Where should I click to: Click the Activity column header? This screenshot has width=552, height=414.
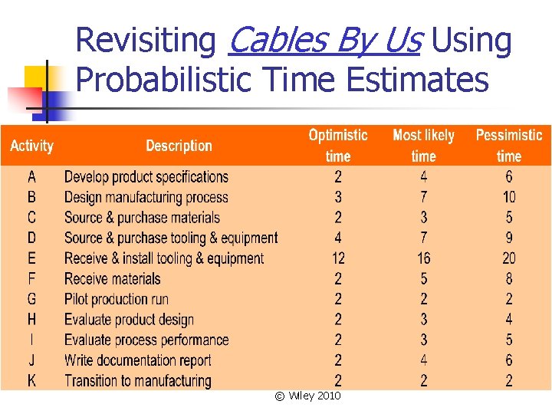(31, 146)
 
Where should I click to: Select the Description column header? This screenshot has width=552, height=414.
(179, 146)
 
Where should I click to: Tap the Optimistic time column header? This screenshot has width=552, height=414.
(338, 146)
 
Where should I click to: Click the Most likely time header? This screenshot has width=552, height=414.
(423, 146)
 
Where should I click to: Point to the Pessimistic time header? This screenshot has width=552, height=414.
(508, 146)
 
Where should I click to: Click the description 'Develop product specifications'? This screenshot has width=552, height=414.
(146, 177)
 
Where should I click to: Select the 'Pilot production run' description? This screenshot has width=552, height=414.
(117, 299)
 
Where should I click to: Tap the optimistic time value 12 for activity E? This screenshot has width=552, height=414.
(338, 258)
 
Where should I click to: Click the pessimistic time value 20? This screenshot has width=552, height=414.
(509, 258)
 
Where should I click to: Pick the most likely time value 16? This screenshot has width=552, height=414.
(424, 258)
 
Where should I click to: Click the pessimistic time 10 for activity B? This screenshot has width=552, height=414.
(509, 197)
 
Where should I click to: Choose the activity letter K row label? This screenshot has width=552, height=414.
(31, 380)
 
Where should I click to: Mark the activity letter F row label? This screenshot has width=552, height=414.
(31, 278)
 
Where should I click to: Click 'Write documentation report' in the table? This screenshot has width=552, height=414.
(138, 360)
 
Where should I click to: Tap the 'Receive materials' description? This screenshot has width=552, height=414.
(113, 278)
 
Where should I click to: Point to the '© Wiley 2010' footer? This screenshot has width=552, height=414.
(307, 396)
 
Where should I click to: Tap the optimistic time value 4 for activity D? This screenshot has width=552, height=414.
(338, 238)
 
